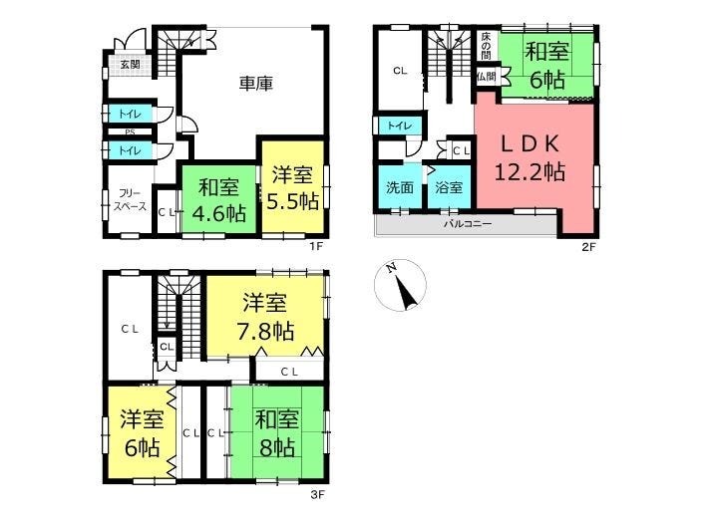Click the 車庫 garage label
(x=255, y=84)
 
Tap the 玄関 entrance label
(x=130, y=64)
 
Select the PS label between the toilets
(x=130, y=132)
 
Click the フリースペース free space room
(x=129, y=199)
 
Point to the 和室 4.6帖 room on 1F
(x=218, y=199)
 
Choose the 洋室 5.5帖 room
(x=292, y=187)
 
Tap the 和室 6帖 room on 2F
(x=547, y=66)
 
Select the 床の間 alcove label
(x=487, y=46)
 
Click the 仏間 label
(x=487, y=77)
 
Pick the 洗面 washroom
(x=400, y=186)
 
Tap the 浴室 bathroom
(x=449, y=186)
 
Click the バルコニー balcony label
(x=468, y=223)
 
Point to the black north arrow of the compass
(x=405, y=293)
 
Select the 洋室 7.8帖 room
(x=265, y=317)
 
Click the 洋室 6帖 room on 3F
(x=141, y=433)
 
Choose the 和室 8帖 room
(x=277, y=433)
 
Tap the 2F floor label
(x=588, y=247)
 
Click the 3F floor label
(x=317, y=495)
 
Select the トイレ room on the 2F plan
(x=400, y=126)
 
